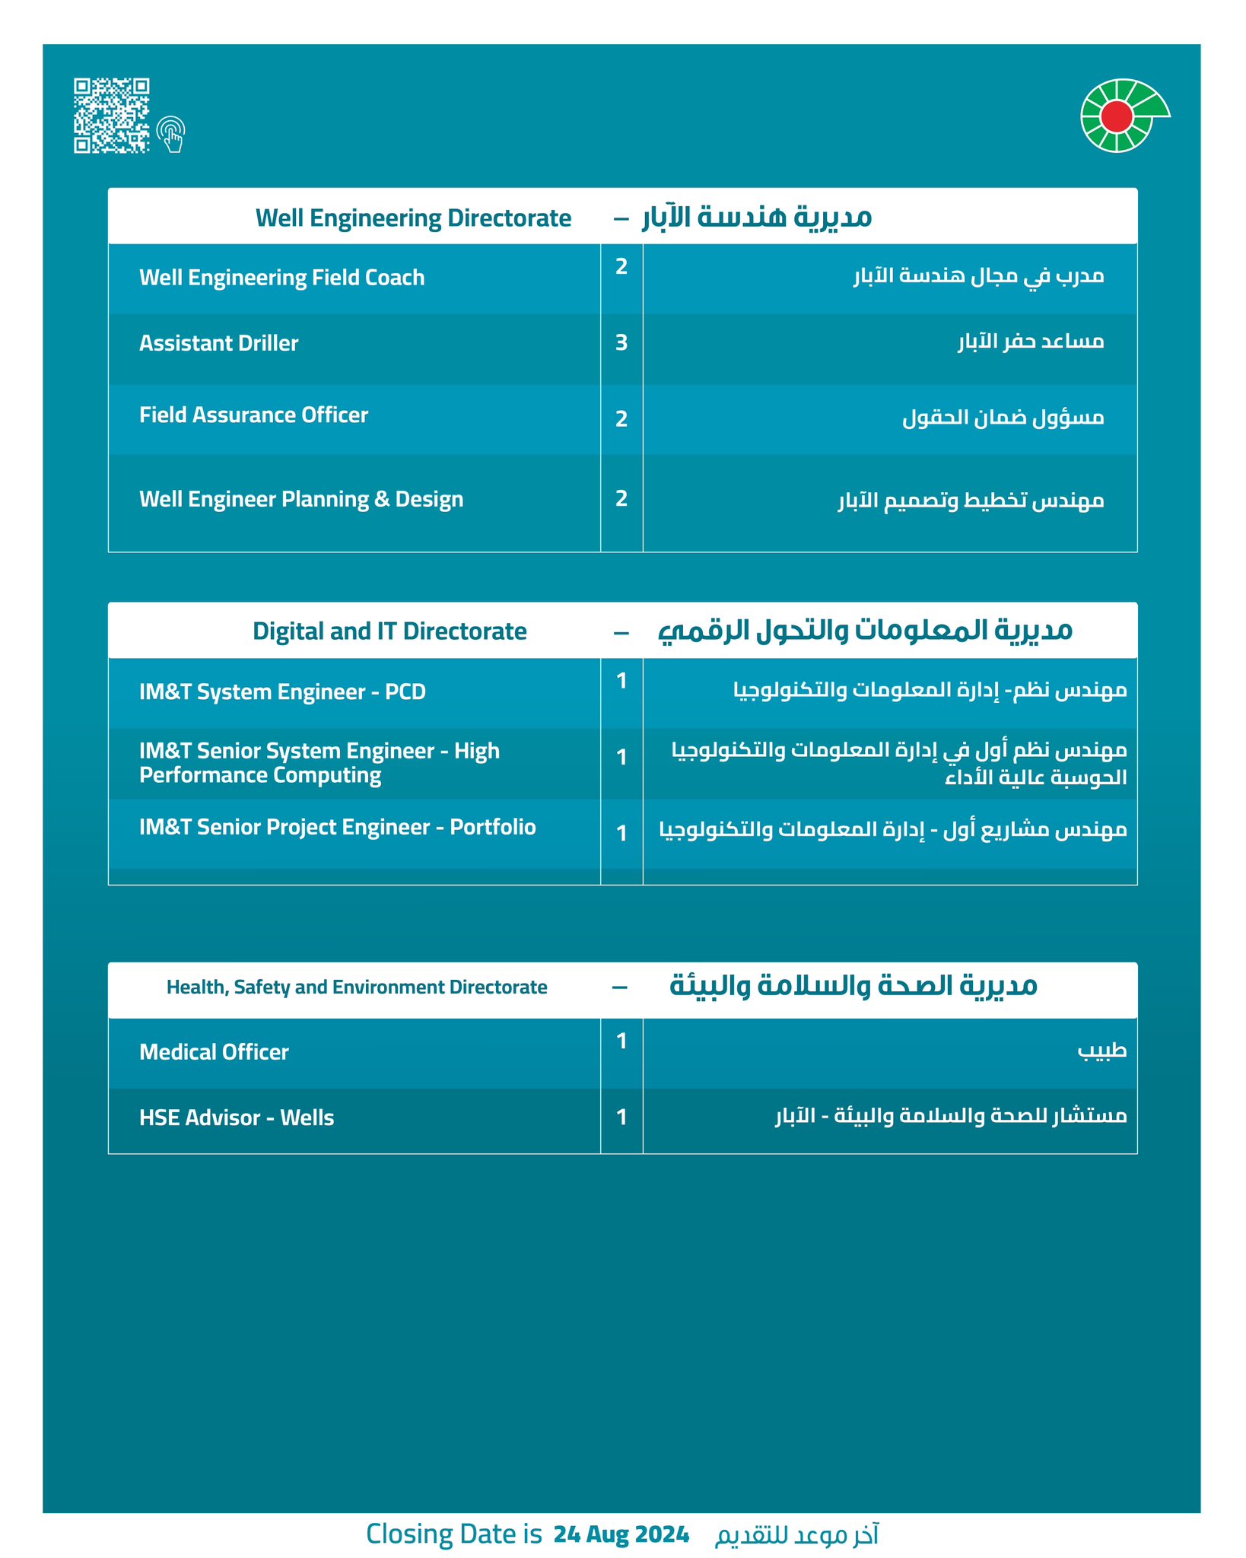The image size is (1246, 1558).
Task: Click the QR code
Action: (111, 116)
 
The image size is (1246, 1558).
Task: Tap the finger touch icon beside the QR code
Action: (171, 135)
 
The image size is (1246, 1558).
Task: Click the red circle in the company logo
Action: (1117, 115)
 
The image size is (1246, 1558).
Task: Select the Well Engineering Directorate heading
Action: (413, 218)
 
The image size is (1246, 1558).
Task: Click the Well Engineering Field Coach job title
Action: (281, 278)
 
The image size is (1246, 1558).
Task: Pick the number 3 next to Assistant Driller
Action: (621, 343)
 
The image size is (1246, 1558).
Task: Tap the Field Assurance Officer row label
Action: (253, 415)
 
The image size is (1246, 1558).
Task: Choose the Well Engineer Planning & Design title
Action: (301, 499)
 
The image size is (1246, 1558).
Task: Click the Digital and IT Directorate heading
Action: (389, 631)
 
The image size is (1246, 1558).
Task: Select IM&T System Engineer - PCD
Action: (282, 692)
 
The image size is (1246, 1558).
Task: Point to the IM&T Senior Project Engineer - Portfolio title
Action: (337, 827)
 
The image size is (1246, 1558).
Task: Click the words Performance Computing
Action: (260, 775)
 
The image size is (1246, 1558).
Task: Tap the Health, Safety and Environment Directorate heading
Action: (357, 987)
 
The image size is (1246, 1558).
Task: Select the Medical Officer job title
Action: (214, 1052)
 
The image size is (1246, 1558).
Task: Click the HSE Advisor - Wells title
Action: (237, 1118)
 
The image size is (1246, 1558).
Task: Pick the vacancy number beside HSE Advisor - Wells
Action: (621, 1118)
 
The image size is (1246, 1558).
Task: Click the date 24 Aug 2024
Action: (621, 1534)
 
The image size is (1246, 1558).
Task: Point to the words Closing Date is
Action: (453, 1534)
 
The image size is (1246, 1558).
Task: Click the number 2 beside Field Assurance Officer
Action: (621, 419)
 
